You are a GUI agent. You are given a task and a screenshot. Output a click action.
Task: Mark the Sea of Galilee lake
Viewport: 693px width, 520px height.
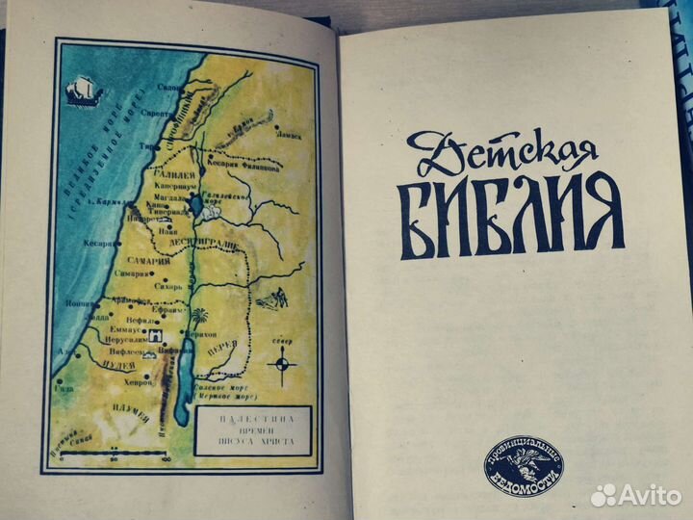[195, 204]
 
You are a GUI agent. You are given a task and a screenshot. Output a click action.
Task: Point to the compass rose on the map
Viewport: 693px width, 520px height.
[282, 364]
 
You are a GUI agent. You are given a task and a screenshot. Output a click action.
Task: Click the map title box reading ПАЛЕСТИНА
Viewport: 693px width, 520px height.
[251, 429]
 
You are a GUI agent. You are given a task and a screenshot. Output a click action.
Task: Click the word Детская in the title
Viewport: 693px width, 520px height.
[500, 147]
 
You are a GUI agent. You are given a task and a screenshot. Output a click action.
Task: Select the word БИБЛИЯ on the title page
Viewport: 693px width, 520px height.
[510, 216]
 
